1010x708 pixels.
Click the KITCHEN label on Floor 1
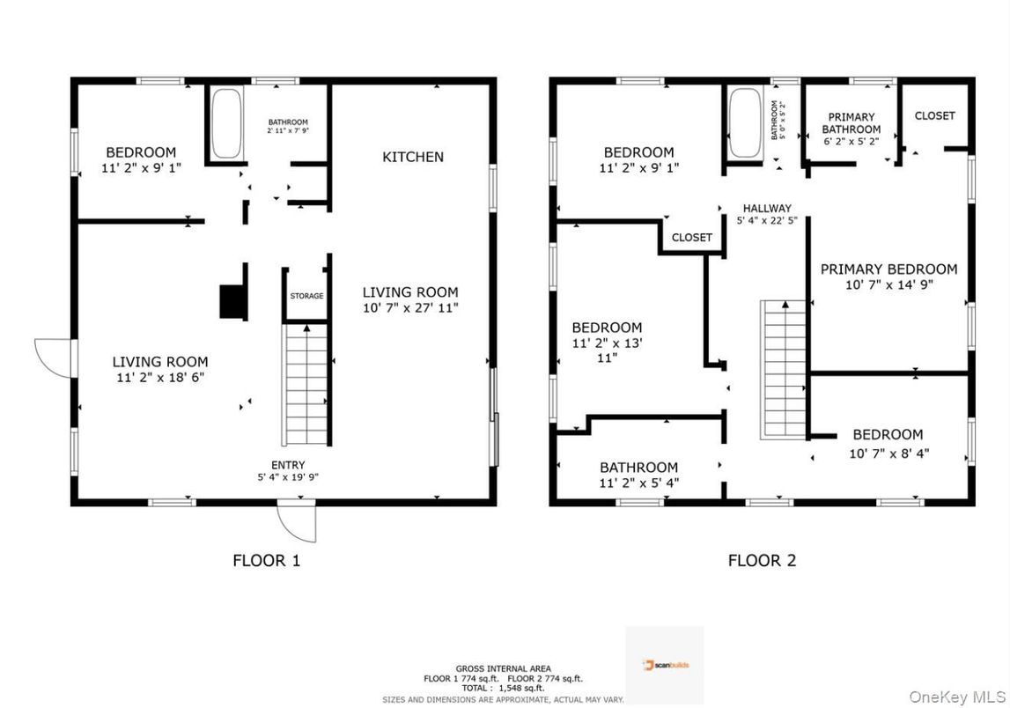(x=412, y=157)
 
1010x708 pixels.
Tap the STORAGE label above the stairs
(x=306, y=296)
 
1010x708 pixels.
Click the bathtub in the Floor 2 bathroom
(x=744, y=122)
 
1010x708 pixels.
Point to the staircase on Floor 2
(x=783, y=368)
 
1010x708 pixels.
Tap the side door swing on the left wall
(x=54, y=358)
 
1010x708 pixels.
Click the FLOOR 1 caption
(x=266, y=560)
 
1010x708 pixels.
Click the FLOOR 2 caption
(x=762, y=560)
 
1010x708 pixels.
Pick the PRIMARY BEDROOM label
(x=888, y=269)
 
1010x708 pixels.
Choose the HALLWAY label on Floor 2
(x=765, y=209)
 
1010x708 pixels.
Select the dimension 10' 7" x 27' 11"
(x=410, y=308)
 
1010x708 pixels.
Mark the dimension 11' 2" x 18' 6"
(x=160, y=377)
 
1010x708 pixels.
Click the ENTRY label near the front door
(x=288, y=465)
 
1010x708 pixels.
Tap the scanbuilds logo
(x=665, y=664)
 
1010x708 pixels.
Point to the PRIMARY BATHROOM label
(x=851, y=123)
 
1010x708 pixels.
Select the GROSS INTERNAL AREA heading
(x=503, y=669)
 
